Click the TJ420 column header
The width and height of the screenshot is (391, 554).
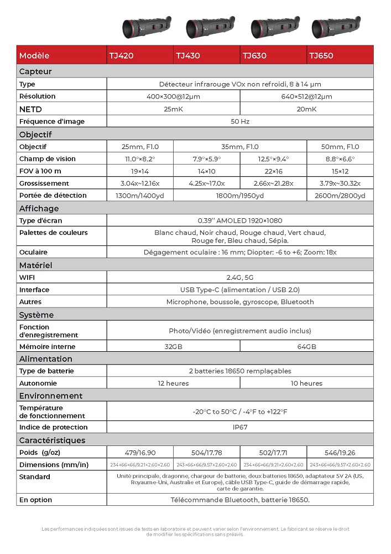(122, 55)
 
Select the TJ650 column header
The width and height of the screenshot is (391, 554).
(321, 55)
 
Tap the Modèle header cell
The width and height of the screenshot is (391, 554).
(34, 55)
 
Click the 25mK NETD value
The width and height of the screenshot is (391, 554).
(173, 109)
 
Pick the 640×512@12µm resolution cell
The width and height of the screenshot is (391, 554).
(306, 96)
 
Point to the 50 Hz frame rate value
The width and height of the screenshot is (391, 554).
(239, 121)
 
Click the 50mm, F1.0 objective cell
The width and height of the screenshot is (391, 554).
(340, 147)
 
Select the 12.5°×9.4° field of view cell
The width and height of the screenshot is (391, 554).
(273, 159)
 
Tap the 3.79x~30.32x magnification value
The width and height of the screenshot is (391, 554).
(340, 183)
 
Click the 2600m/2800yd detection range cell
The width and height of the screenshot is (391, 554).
(340, 196)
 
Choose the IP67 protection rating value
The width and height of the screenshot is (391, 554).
(239, 427)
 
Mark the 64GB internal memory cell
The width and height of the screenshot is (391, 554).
(306, 346)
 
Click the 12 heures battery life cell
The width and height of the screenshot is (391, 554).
(173, 383)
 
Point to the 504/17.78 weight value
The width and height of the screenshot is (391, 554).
(206, 453)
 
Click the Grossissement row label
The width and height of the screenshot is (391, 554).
(44, 183)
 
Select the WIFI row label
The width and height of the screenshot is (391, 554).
(27, 278)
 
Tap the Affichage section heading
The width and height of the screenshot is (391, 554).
(39, 208)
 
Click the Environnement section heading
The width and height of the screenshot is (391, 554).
(51, 396)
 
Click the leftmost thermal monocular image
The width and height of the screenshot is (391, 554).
(145, 26)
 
